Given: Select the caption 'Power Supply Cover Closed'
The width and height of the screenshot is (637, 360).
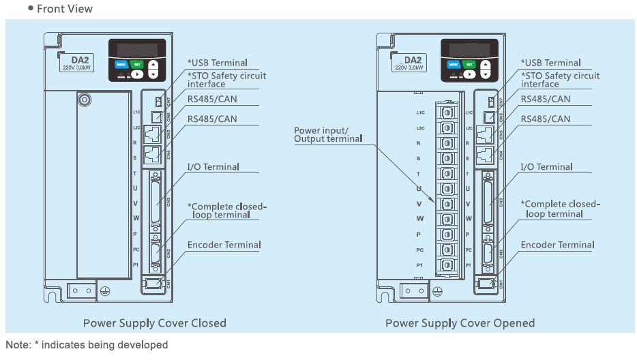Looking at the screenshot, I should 154,322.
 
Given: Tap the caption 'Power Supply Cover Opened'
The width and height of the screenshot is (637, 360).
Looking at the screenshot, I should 460,322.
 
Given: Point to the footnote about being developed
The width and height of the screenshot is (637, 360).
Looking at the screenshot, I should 87,345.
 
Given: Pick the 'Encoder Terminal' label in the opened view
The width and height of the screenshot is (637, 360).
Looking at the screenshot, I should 557,245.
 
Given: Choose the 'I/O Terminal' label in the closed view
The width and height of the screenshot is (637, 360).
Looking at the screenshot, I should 213,167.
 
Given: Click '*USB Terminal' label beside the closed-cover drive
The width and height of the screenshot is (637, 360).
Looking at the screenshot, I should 218,63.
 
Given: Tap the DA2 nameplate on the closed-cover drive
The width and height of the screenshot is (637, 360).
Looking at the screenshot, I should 77,63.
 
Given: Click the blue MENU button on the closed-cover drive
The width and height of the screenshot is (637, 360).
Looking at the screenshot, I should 121,65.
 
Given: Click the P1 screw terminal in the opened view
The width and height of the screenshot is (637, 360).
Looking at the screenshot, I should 447,265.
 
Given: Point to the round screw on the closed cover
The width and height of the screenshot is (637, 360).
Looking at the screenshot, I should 85,100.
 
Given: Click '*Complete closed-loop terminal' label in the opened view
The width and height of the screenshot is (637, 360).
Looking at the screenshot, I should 560,209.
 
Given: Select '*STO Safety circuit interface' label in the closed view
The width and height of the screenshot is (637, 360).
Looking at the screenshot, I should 227,80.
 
